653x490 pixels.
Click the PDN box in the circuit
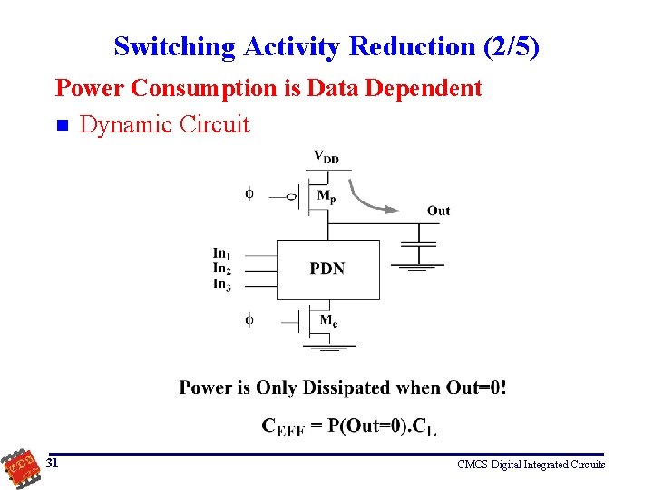coord(326,269)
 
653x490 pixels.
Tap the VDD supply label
coord(326,157)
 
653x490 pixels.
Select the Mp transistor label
coord(326,195)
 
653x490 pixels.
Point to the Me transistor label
coord(328,319)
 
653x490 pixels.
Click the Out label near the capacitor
coord(438,211)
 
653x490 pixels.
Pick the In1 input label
coord(221,254)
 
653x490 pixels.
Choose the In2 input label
coord(221,268)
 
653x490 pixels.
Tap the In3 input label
coord(221,284)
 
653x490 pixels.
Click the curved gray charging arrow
coord(372,199)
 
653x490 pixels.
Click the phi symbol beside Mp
coord(250,193)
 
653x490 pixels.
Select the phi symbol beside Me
coord(250,319)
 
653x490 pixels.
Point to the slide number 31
coord(53,463)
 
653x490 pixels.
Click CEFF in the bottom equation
coord(283,426)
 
